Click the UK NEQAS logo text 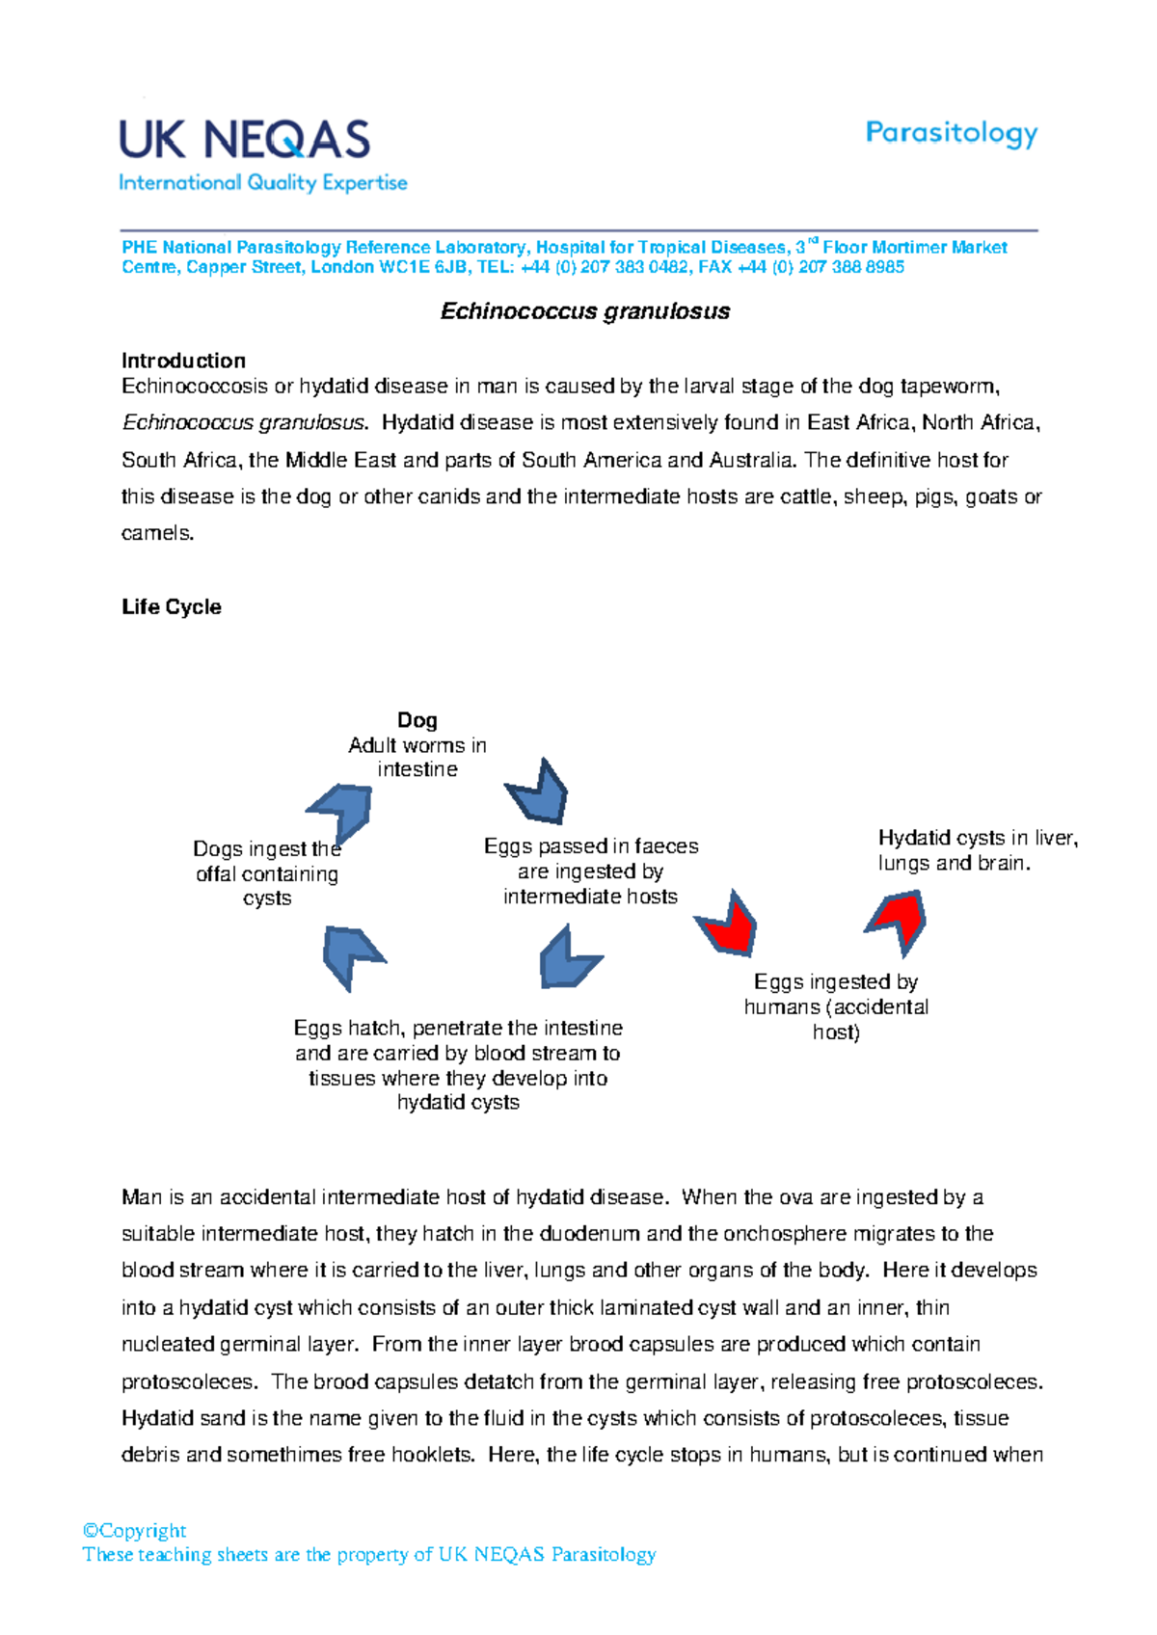pyautogui.click(x=245, y=140)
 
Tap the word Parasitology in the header pyautogui.click(x=951, y=133)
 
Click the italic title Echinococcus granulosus pyautogui.click(x=584, y=311)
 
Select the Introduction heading pyautogui.click(x=183, y=361)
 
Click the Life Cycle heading pyautogui.click(x=172, y=606)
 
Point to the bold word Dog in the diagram pyautogui.click(x=417, y=720)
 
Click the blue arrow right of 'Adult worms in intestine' pyautogui.click(x=539, y=793)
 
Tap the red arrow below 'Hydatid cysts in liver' pyautogui.click(x=899, y=921)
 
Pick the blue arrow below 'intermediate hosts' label pyautogui.click(x=567, y=959)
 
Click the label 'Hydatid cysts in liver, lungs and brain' pyautogui.click(x=977, y=850)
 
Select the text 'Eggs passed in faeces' pyautogui.click(x=591, y=846)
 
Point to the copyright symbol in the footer pyautogui.click(x=91, y=1531)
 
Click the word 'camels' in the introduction pyautogui.click(x=155, y=533)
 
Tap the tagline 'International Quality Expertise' pyautogui.click(x=262, y=182)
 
